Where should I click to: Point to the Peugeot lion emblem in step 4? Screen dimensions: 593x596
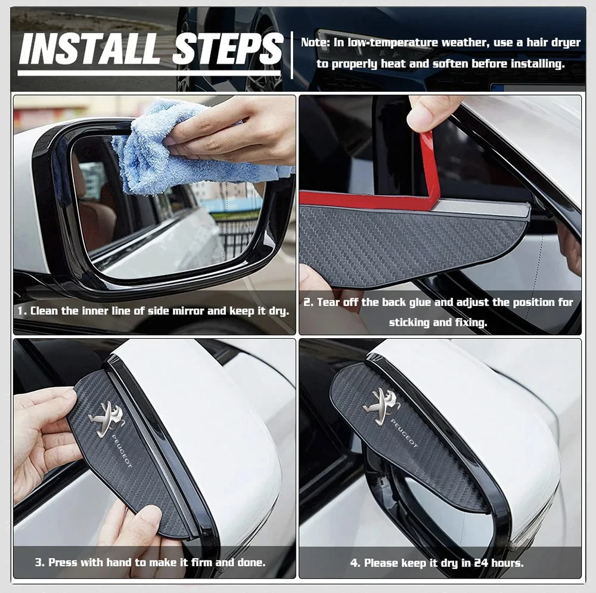(381, 406)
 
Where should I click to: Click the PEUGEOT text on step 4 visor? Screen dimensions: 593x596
(405, 434)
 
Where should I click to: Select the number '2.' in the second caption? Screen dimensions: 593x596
(308, 302)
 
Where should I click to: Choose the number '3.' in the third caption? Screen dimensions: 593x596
(39, 562)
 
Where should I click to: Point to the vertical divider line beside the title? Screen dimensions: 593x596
(293, 55)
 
